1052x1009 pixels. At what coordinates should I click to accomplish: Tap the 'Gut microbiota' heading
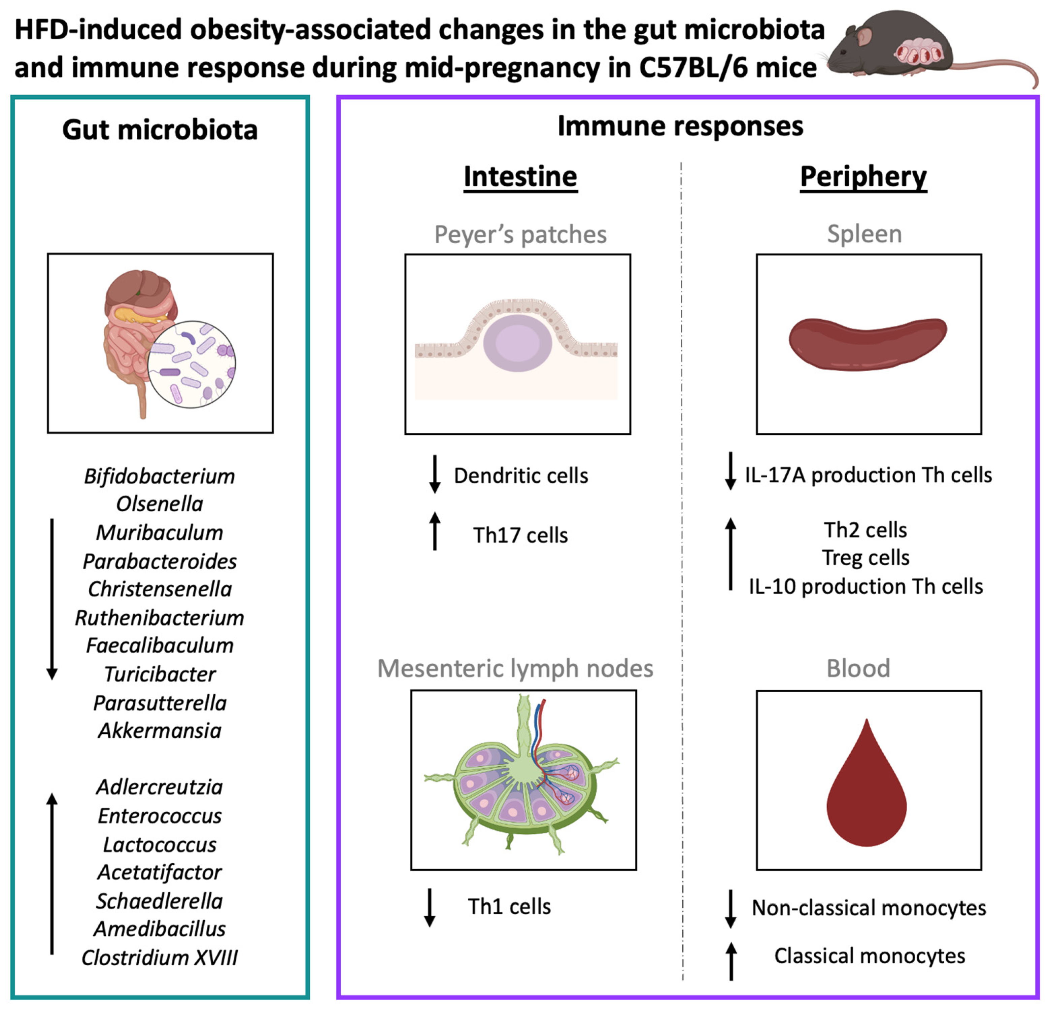click(x=160, y=130)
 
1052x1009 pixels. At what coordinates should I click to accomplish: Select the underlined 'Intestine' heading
click(x=520, y=177)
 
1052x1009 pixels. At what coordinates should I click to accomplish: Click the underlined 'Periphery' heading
click(x=863, y=177)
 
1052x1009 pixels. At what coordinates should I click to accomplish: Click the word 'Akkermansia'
click(x=160, y=730)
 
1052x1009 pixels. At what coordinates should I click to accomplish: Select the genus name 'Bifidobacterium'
click(x=160, y=476)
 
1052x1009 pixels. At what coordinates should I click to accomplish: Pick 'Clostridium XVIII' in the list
click(x=160, y=958)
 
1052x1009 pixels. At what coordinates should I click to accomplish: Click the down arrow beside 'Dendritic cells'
click(x=435, y=474)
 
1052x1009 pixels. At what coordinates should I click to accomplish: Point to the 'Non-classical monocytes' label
click(x=869, y=908)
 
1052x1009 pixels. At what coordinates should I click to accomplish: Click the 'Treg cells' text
click(x=866, y=558)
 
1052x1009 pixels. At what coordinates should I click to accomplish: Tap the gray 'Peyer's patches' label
click(x=520, y=235)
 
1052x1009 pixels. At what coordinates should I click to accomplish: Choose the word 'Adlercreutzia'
click(x=160, y=787)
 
